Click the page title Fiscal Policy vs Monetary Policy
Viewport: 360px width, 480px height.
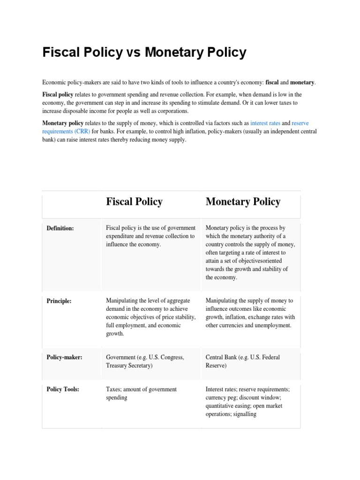144,52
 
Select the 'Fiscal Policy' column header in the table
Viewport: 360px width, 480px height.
134,202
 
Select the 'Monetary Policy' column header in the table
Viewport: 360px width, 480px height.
243,202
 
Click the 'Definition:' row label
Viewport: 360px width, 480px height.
60,228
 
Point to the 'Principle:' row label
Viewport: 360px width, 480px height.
59,301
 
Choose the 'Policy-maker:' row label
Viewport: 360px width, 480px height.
65,357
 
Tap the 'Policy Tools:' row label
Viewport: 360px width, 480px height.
63,389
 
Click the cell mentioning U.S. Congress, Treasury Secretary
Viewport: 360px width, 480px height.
145,361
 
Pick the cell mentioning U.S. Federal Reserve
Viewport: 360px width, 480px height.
243,361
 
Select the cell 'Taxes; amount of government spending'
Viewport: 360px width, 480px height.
142,393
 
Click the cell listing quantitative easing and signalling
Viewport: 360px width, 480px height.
247,402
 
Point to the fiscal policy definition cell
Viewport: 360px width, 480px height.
150,236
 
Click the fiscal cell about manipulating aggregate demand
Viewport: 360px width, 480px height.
150,317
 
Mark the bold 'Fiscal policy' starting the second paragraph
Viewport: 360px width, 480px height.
58,94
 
